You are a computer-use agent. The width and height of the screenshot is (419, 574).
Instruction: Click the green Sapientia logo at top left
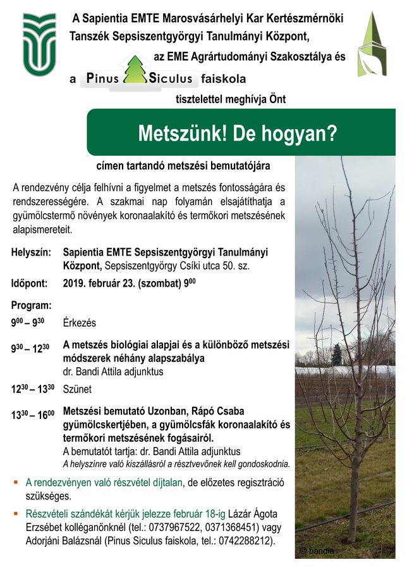(x=39, y=45)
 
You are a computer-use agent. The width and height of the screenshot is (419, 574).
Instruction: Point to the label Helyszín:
(x=31, y=253)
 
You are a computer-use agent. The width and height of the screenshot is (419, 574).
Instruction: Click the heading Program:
(x=31, y=305)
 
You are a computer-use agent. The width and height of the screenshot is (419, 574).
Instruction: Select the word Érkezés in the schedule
(x=80, y=323)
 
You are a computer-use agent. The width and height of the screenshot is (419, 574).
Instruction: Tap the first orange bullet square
(x=16, y=483)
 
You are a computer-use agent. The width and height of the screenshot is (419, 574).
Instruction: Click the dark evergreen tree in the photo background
(x=337, y=355)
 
